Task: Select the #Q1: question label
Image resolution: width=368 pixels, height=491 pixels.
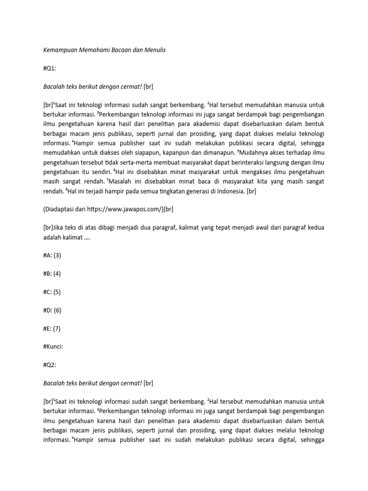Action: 50,68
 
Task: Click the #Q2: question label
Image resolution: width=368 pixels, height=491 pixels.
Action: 50,365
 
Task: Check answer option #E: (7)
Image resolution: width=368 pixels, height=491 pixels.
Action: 52,328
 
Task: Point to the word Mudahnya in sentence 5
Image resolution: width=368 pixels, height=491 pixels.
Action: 254,152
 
